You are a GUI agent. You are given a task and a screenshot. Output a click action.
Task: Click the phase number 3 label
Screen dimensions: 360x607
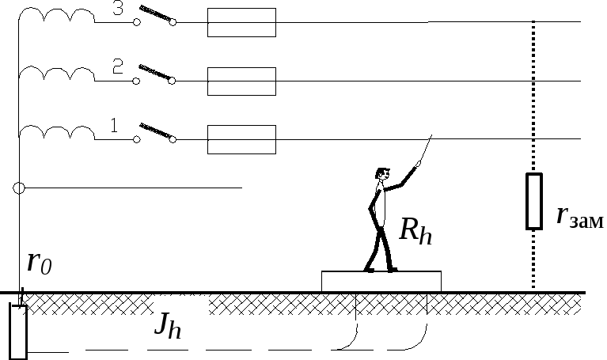pos(118,9)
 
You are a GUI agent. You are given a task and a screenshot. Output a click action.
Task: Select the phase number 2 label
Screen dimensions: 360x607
pos(117,67)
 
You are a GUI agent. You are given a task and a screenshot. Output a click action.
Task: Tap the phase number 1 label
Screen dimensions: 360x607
pos(114,124)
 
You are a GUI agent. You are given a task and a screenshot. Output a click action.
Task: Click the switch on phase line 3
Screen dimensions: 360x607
pos(155,17)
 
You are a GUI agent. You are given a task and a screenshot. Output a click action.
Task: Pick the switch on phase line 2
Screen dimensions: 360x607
pos(155,74)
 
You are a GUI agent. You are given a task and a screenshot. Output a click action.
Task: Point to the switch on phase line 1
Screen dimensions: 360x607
pos(155,132)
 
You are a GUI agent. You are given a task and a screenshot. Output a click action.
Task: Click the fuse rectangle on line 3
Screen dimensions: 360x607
pos(241,23)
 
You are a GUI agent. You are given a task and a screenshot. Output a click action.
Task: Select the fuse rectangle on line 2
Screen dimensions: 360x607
pos(241,81)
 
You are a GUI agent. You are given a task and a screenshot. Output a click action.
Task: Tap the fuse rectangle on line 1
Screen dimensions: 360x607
pos(241,139)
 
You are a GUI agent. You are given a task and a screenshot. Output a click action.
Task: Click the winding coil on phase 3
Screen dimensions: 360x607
pos(57,17)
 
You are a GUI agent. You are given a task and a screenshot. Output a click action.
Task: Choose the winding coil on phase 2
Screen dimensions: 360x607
pos(57,74)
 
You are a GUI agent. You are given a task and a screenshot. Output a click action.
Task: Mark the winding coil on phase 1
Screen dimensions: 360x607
pos(57,132)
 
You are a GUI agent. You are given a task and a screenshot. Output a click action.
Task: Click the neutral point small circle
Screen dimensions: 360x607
pos(20,188)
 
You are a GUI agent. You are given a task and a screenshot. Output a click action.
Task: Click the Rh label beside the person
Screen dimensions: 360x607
pos(415,230)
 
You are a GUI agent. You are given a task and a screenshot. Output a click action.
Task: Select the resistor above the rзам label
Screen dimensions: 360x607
pos(535,202)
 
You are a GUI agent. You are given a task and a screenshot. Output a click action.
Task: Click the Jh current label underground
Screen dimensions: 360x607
pos(167,325)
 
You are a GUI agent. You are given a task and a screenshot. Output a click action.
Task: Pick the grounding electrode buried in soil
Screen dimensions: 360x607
pos(17,329)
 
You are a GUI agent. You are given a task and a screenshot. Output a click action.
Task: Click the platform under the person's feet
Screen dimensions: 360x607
pos(381,280)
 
